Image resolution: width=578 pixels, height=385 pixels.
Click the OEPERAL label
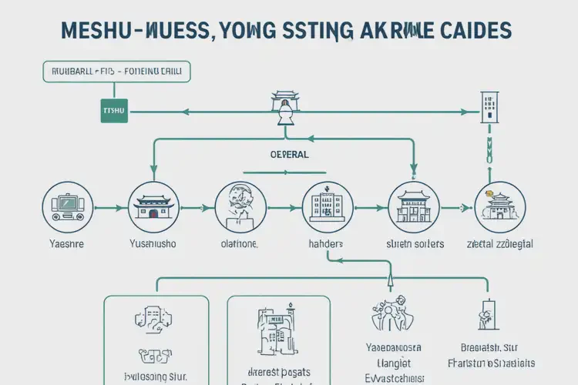pyautogui.click(x=290, y=154)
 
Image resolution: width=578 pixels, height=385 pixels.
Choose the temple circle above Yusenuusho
pyautogui.click(x=153, y=206)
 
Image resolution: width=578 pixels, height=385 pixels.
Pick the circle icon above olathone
pyautogui.click(x=240, y=206)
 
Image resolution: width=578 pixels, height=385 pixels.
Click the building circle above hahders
pyautogui.click(x=328, y=206)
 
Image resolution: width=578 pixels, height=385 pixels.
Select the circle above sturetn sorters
pyautogui.click(x=414, y=206)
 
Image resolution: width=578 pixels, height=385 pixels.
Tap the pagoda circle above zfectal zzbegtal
pyautogui.click(x=499, y=206)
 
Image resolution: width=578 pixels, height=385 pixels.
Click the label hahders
pyautogui.click(x=326, y=244)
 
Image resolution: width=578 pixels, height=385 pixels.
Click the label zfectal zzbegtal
pyautogui.click(x=500, y=244)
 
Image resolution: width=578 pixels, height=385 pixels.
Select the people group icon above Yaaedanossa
pyautogui.click(x=390, y=313)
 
